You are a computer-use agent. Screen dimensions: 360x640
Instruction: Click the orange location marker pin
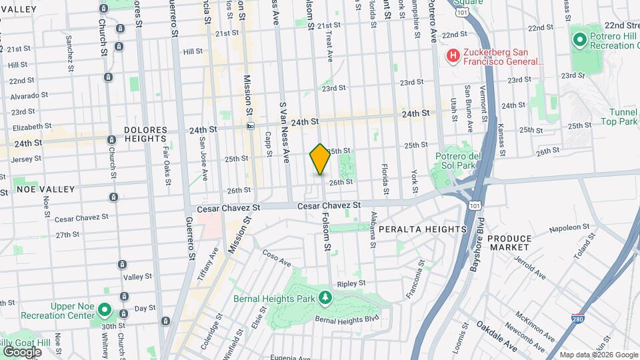(x=320, y=159)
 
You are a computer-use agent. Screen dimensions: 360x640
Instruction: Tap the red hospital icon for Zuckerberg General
(x=453, y=55)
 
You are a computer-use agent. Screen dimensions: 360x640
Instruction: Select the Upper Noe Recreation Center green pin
(x=104, y=309)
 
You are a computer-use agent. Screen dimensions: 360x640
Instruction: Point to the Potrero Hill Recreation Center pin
(x=579, y=40)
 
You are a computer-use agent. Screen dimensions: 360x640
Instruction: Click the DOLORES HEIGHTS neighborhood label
(x=144, y=133)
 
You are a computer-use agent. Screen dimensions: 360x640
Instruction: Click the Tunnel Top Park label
(x=623, y=117)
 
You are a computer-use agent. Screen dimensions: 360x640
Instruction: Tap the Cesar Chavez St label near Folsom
(x=329, y=205)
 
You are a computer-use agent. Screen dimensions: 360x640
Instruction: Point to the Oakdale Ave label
(x=497, y=337)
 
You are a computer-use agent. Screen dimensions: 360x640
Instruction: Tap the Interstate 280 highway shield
(x=578, y=319)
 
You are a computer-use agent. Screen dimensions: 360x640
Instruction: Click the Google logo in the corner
(x=22, y=351)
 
